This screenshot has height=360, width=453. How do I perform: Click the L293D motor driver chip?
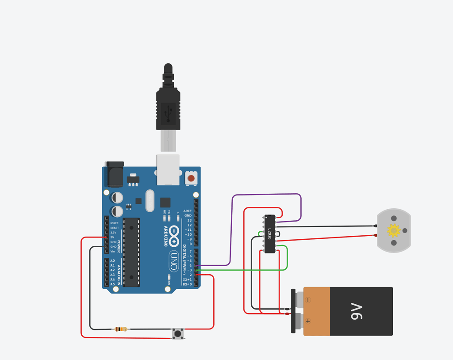269,234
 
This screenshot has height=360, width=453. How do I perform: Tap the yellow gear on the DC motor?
393,230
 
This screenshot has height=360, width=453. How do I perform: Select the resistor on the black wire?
120,329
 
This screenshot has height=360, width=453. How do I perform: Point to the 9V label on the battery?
356,311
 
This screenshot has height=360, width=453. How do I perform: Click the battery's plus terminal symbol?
308,322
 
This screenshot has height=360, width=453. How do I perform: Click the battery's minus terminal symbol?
308,300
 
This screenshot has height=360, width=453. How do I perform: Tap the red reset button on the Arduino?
191,179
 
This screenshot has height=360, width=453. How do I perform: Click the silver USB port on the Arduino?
168,169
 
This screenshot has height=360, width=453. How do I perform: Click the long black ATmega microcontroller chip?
131,252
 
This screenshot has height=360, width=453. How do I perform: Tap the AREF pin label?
188,211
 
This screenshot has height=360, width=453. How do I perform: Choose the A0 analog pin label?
112,261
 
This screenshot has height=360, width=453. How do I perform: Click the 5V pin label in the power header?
113,237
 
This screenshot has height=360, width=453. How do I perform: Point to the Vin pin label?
112,251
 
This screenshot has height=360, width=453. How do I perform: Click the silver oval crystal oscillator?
150,200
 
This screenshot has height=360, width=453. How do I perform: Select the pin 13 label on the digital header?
189,220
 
